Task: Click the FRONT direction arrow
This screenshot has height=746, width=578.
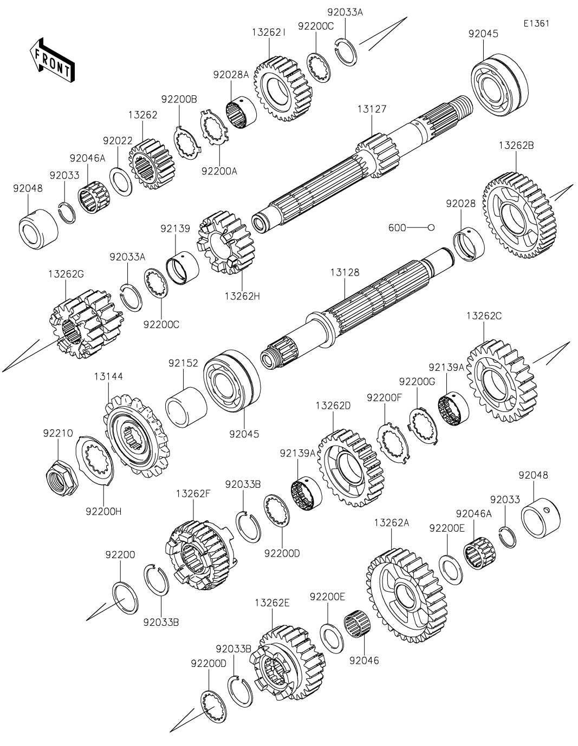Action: (x=52, y=59)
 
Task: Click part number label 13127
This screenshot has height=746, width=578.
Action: (x=372, y=109)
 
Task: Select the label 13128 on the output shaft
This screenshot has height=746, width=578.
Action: (x=345, y=272)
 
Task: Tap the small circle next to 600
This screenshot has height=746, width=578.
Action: (x=431, y=228)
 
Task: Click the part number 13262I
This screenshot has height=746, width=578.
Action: (x=269, y=33)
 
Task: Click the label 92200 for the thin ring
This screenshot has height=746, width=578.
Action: (x=120, y=555)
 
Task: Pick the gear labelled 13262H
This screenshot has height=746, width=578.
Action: (x=223, y=244)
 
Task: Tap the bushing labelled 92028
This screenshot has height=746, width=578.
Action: (x=468, y=244)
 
